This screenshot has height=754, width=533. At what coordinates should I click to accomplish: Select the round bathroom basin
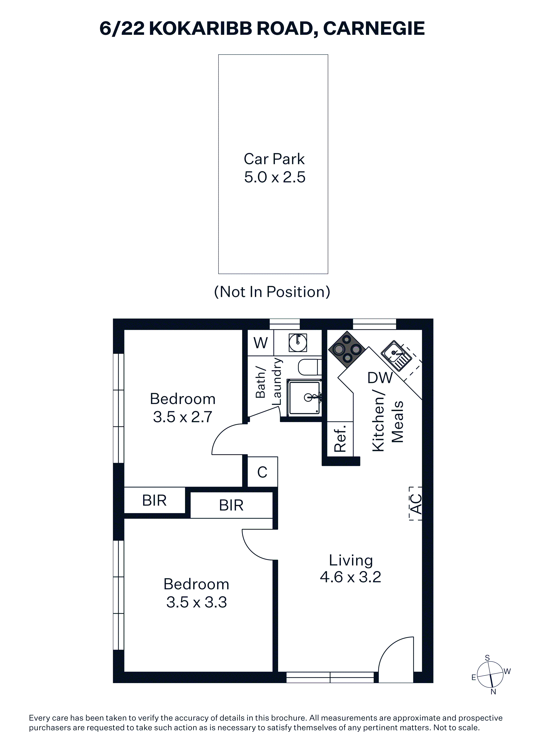point(298,343)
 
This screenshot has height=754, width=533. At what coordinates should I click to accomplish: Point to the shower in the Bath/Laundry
point(304,397)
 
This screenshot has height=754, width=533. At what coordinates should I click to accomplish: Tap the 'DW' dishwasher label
point(380,378)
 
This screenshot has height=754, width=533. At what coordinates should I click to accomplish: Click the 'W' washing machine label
point(261,343)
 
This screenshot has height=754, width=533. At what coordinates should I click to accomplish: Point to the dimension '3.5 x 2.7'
point(183,417)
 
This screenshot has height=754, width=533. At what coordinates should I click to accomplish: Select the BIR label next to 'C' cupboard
point(231,505)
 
